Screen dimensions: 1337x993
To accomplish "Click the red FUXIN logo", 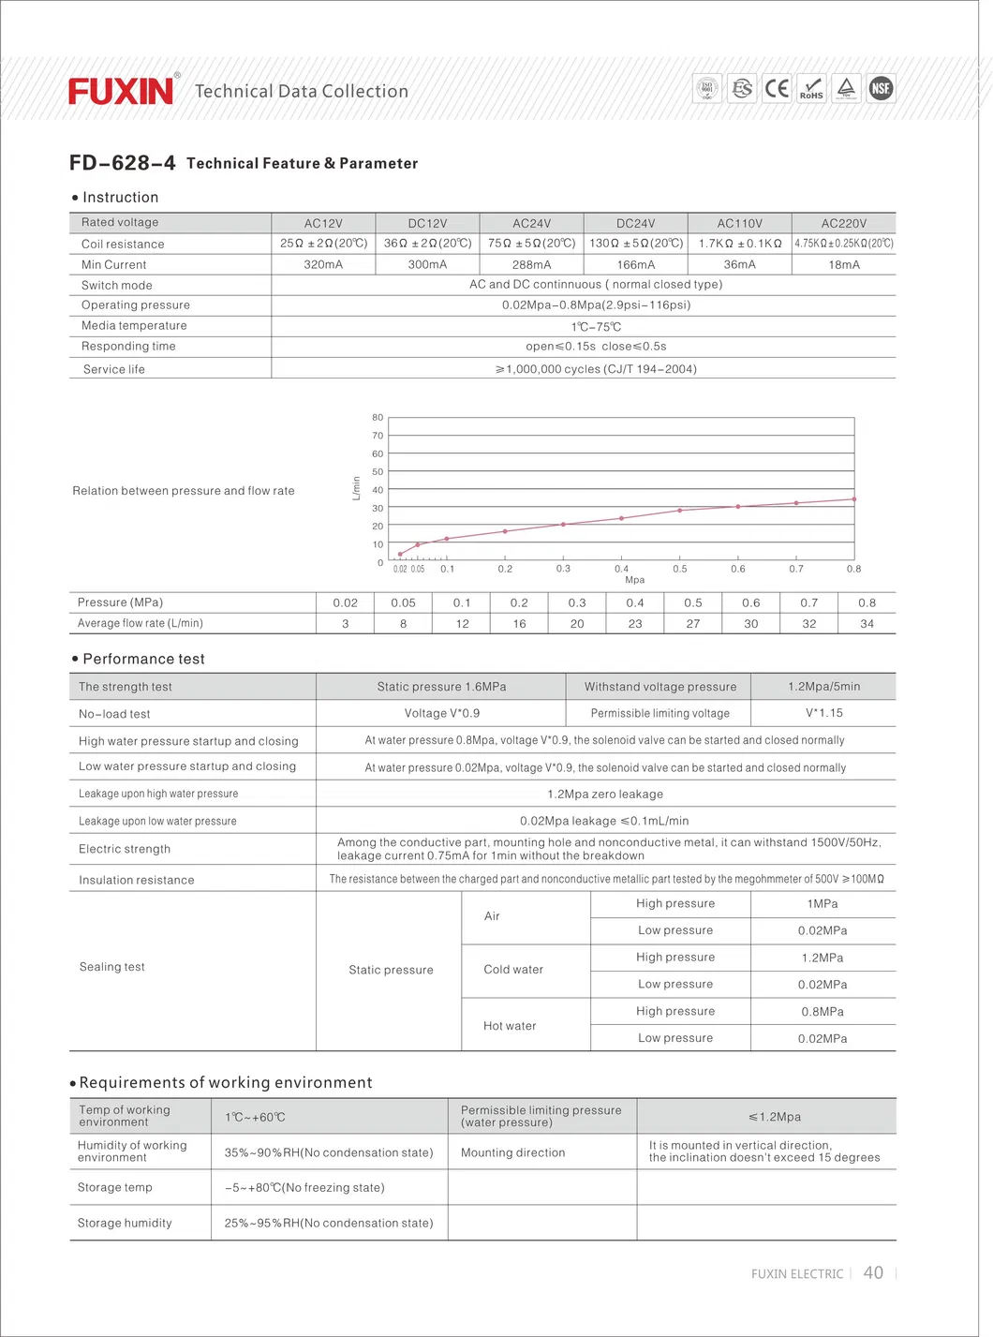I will [121, 91].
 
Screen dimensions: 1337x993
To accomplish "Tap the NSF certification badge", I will [881, 89].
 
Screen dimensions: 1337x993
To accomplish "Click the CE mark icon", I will [777, 89].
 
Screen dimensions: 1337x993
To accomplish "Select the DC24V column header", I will [635, 224].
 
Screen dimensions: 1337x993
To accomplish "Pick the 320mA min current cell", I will [323, 265].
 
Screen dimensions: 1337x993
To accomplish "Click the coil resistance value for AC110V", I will [739, 244].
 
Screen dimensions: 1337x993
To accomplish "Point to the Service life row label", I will [114, 369].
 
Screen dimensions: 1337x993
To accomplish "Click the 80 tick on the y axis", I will [378, 418].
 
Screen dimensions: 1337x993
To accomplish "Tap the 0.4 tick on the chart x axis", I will [621, 569].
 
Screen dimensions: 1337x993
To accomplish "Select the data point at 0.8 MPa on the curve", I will [854, 499].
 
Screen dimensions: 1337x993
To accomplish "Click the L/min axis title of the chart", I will [356, 488].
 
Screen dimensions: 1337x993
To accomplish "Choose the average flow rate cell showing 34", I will [867, 624].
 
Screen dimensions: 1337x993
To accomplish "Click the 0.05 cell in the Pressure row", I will [403, 603].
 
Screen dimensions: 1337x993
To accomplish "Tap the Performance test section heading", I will [143, 660].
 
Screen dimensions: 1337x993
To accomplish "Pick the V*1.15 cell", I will [823, 713].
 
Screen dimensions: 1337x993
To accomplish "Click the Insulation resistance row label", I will [137, 881].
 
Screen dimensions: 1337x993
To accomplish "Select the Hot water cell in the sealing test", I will [510, 1026].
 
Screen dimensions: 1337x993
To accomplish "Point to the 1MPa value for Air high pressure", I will [823, 904].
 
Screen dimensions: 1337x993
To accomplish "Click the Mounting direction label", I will [512, 1153].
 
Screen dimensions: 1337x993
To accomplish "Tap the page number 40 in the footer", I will [873, 1272].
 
